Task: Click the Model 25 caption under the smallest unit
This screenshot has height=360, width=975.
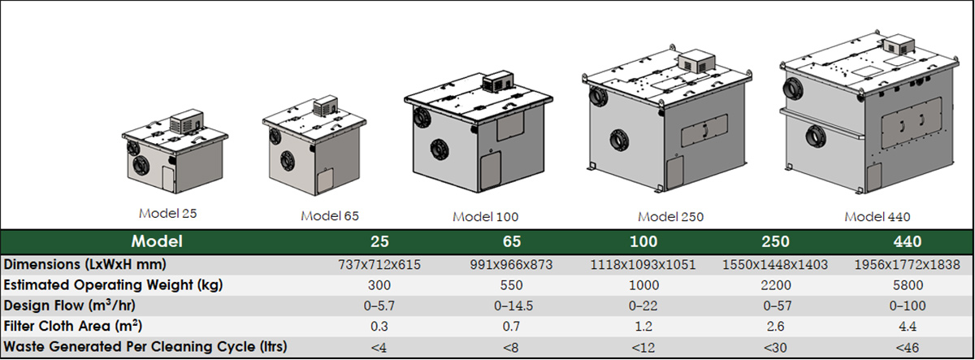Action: coord(167,213)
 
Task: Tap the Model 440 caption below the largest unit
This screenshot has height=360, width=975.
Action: coord(877,216)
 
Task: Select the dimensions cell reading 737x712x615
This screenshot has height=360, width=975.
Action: coord(379,265)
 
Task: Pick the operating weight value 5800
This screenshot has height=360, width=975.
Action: coord(908,285)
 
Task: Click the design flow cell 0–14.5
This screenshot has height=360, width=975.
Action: coord(513,306)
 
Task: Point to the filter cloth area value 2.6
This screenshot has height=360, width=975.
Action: coord(776,326)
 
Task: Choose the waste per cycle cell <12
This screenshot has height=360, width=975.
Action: coord(643,347)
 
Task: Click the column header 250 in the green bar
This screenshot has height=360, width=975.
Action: coord(776,241)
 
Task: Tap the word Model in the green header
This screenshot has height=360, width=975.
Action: coord(157,241)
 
